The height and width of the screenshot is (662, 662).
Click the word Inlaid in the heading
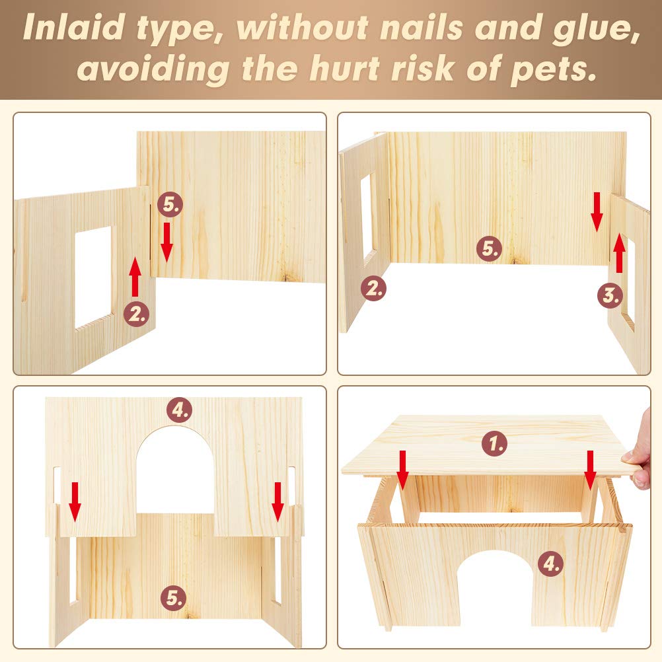(74, 28)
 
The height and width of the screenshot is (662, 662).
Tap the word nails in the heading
(421, 28)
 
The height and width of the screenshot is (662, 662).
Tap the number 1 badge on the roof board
(494, 443)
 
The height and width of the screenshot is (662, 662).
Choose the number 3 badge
(610, 295)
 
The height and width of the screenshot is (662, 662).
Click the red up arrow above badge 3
(619, 253)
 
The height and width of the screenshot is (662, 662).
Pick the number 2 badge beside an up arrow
(136, 314)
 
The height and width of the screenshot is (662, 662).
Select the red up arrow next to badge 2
(135, 277)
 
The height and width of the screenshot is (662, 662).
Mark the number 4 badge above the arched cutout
(180, 410)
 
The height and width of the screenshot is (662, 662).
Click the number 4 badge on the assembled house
(551, 563)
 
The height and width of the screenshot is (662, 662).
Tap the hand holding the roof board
(640, 452)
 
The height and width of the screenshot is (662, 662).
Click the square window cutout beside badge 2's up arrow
(93, 277)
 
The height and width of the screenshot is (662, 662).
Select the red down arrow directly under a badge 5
(166, 242)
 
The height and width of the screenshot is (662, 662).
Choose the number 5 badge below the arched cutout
(174, 597)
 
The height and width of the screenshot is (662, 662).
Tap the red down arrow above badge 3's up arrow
(597, 212)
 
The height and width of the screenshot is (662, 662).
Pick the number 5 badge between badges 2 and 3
(490, 248)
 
